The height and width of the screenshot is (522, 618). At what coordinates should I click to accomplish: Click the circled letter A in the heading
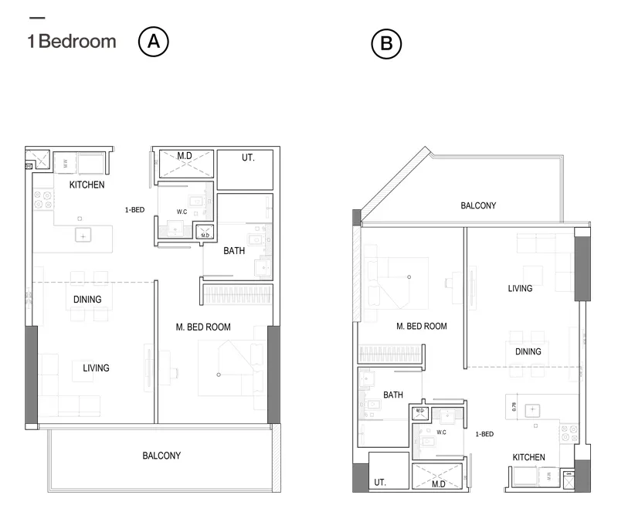[153, 42]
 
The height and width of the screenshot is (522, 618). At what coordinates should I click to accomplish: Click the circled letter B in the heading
[386, 45]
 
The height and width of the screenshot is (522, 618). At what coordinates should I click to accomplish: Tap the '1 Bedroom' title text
[72, 42]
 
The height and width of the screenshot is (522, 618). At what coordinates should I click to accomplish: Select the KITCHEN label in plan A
[87, 185]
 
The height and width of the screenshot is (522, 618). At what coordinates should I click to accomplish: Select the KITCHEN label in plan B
[529, 458]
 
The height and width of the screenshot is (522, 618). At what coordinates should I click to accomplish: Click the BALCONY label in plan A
[161, 456]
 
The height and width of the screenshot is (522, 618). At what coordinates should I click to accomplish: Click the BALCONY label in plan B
[478, 206]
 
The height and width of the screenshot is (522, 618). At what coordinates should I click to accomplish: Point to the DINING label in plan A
[88, 299]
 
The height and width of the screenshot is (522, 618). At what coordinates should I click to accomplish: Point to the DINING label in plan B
[528, 351]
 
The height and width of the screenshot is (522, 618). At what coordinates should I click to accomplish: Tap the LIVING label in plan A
[96, 368]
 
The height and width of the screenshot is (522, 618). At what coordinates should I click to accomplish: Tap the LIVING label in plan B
[520, 289]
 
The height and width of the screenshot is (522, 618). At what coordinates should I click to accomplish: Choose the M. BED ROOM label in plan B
[421, 327]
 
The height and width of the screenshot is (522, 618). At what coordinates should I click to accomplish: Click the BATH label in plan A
[234, 251]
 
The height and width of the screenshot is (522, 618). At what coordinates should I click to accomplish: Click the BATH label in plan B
[392, 395]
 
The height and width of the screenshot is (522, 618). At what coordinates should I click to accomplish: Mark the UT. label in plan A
[247, 158]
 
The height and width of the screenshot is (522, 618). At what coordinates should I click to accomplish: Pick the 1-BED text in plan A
[134, 209]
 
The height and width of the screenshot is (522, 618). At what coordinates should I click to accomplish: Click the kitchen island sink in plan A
[82, 236]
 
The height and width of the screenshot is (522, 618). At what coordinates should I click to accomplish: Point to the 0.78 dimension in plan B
[514, 404]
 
